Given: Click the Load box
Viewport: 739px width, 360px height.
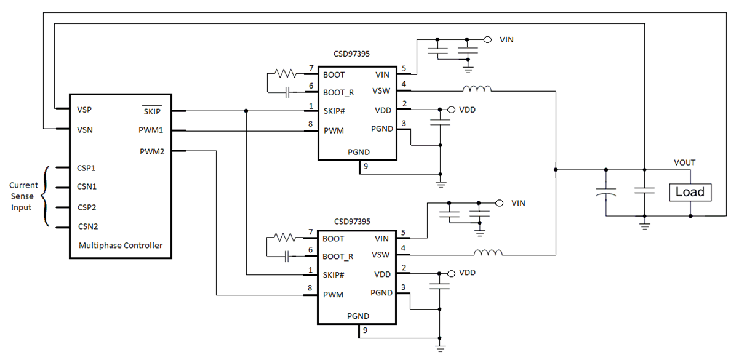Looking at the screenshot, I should [x=690, y=192].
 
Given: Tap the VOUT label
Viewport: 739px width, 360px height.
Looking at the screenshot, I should [x=684, y=163].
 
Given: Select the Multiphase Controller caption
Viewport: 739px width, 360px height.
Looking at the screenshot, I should [x=121, y=245].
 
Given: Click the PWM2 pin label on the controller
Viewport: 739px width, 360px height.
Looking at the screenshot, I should [x=151, y=151].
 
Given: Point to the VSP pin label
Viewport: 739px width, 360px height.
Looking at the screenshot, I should [x=85, y=110].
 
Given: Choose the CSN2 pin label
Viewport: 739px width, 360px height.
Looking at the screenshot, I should [x=87, y=226].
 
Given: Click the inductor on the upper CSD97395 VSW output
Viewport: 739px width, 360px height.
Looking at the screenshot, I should [x=477, y=90].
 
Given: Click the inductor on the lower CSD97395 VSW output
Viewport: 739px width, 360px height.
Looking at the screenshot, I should [x=488, y=253].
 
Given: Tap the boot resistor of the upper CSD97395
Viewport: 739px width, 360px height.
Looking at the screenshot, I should [x=286, y=74].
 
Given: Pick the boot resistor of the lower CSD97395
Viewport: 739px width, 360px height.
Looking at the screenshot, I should [x=286, y=238].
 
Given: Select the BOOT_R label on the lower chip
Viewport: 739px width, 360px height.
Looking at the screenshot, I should [x=338, y=257].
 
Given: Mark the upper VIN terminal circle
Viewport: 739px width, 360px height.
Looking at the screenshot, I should [x=488, y=40].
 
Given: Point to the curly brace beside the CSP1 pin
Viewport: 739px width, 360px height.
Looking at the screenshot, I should [x=44, y=197].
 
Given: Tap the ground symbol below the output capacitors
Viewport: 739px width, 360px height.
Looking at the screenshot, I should [x=644, y=226].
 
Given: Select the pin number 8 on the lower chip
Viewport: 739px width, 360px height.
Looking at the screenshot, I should [x=311, y=289].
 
